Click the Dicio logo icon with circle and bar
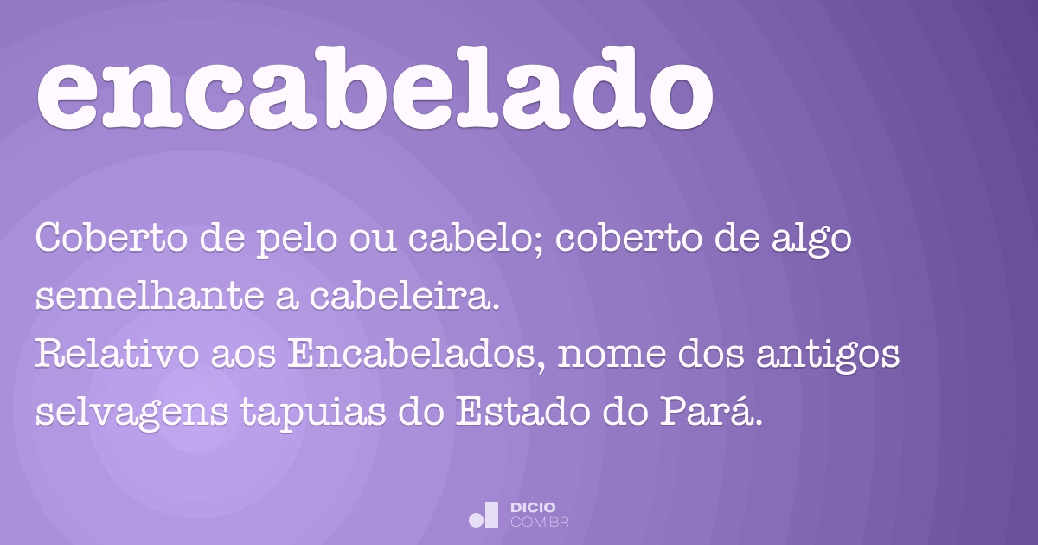pyautogui.click(x=484, y=515)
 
